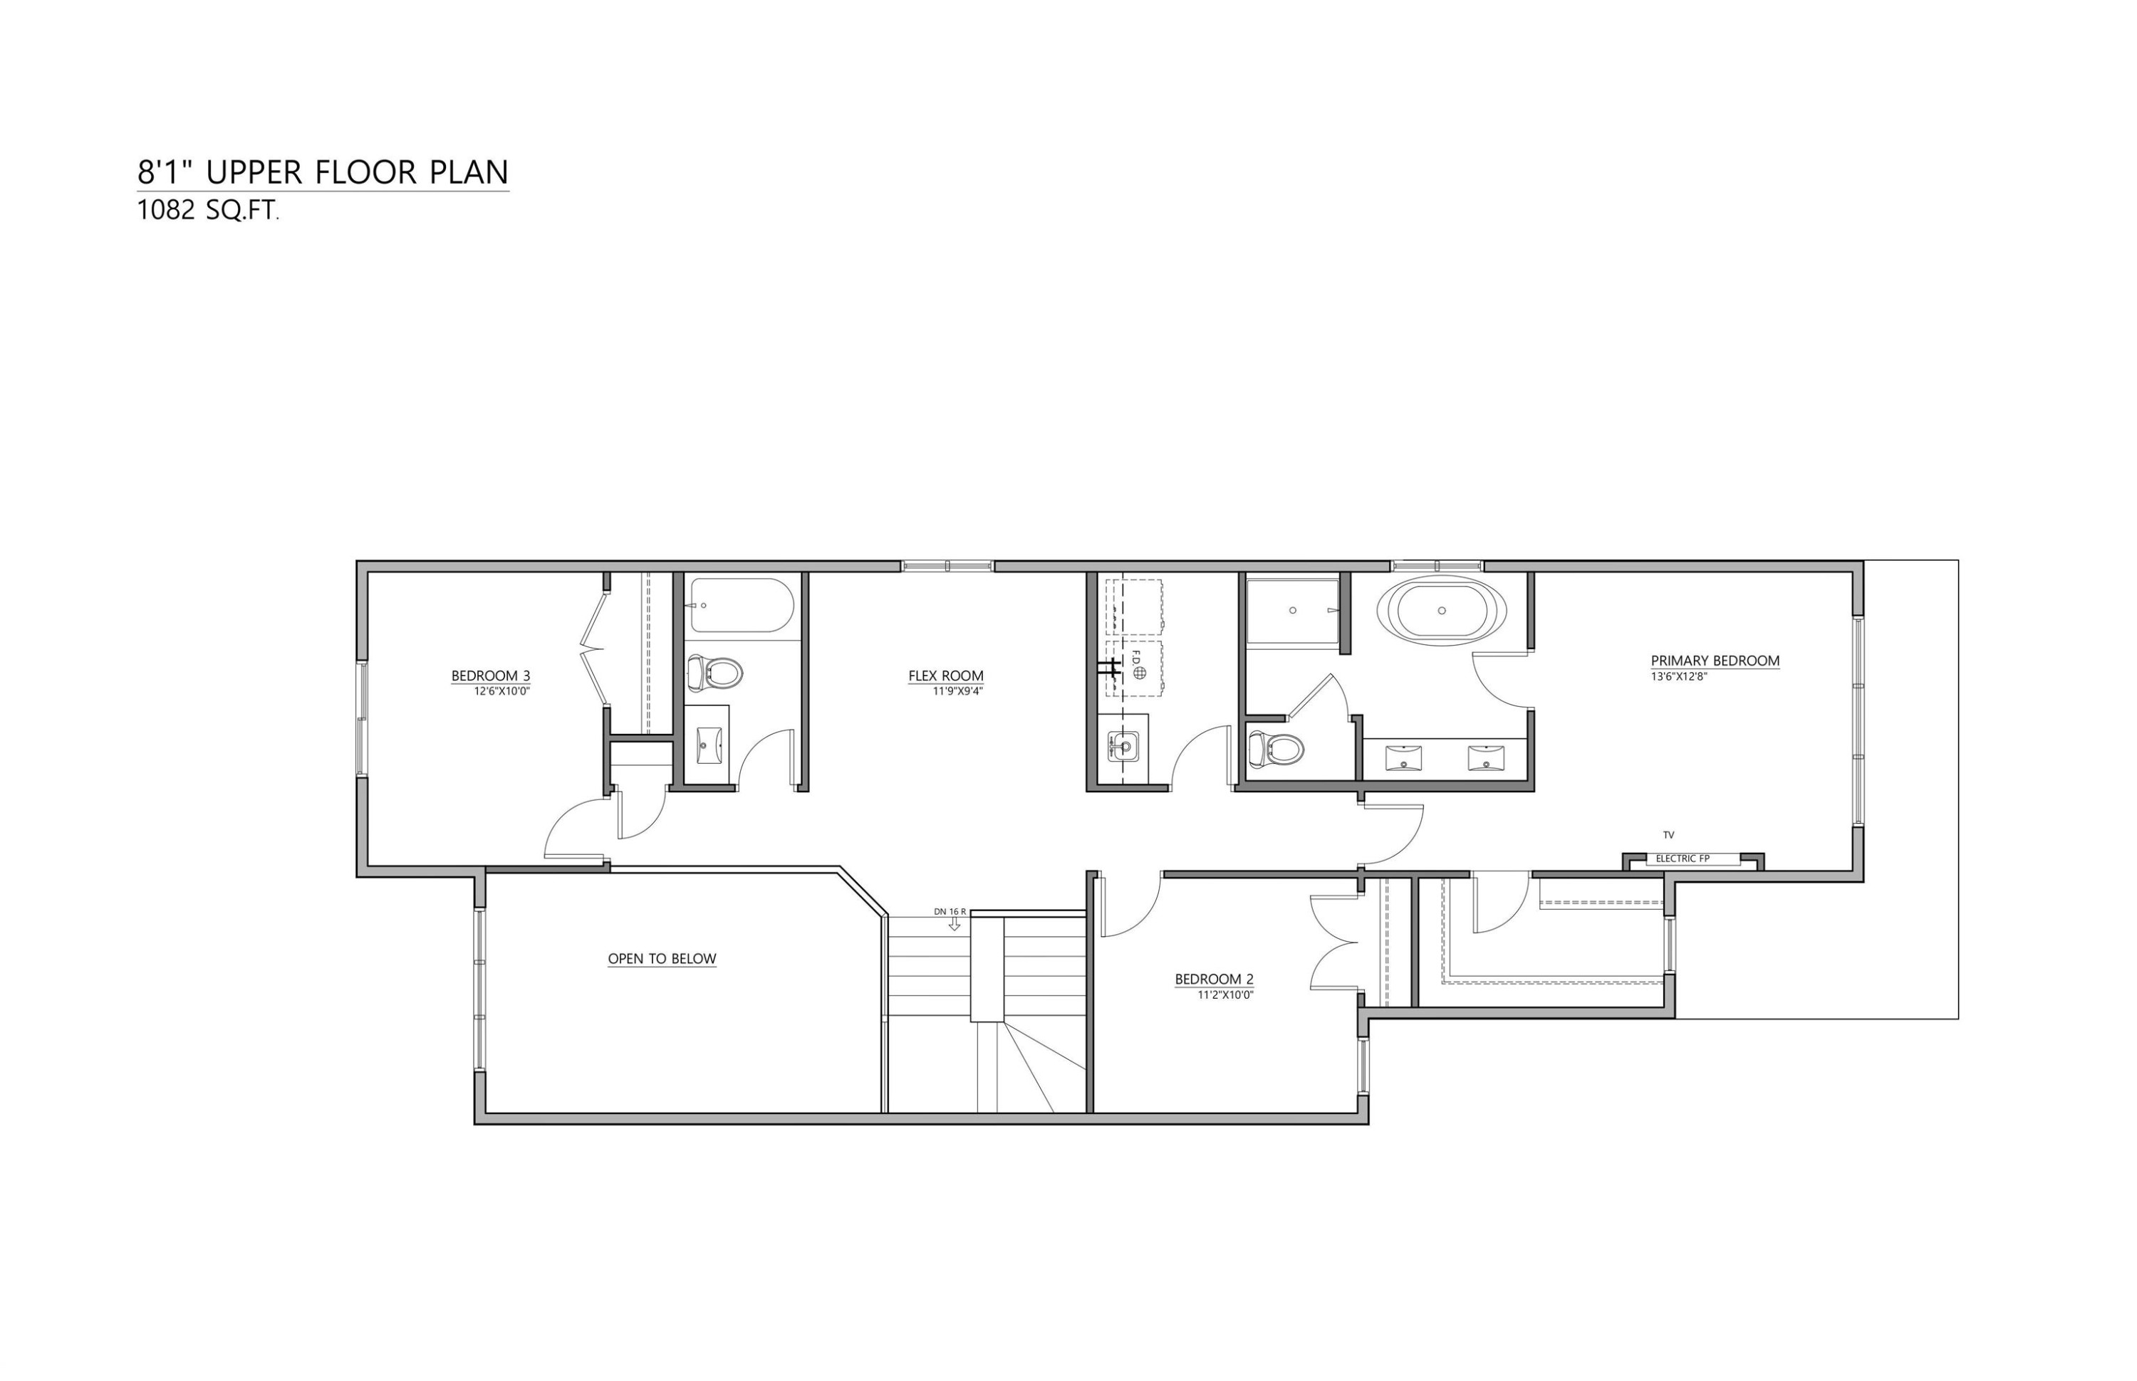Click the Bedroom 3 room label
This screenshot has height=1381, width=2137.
click(490, 676)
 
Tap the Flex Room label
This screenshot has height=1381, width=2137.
click(945, 676)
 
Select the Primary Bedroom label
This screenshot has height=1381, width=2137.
click(1715, 661)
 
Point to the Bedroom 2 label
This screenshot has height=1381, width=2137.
click(1214, 980)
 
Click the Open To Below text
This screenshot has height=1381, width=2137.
click(662, 959)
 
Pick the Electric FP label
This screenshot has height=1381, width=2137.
click(1682, 858)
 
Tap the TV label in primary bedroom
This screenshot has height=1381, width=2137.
click(1668, 835)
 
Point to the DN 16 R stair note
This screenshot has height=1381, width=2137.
click(949, 911)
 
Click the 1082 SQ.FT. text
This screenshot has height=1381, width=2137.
click(207, 211)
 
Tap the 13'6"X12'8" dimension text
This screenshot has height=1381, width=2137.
click(1678, 677)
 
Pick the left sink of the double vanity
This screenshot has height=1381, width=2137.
click(1403, 757)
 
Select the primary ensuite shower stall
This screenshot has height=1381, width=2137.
click(1292, 611)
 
